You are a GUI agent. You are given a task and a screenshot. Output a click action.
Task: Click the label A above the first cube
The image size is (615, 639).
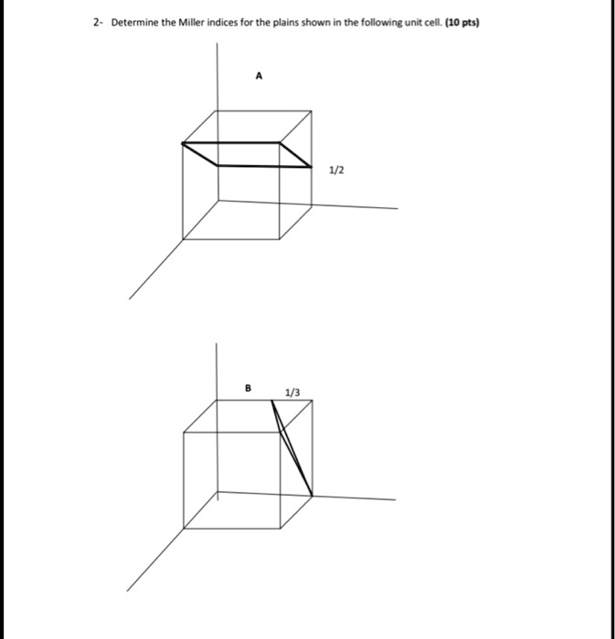pyautogui.click(x=259, y=79)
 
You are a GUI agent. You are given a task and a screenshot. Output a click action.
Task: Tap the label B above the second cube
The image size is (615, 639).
pyautogui.click(x=247, y=388)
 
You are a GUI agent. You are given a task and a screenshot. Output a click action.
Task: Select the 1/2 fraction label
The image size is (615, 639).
pyautogui.click(x=336, y=171)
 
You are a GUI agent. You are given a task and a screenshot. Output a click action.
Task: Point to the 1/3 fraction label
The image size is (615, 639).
pyautogui.click(x=292, y=393)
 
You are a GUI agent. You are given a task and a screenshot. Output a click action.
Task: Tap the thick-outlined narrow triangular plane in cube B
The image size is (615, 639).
pyautogui.click(x=292, y=447)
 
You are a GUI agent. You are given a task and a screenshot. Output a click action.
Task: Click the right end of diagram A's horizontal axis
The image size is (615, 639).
pyautogui.click(x=398, y=208)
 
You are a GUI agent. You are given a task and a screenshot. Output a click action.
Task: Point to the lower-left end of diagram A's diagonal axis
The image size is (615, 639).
pyautogui.click(x=129, y=299)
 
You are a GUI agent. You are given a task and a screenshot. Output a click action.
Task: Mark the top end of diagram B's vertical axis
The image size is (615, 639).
pyautogui.click(x=217, y=343)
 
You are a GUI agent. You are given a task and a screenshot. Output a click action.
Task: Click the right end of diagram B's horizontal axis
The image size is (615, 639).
pyautogui.click(x=396, y=499)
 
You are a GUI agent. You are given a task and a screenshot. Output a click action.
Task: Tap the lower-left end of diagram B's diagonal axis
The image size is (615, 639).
pyautogui.click(x=126, y=591)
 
